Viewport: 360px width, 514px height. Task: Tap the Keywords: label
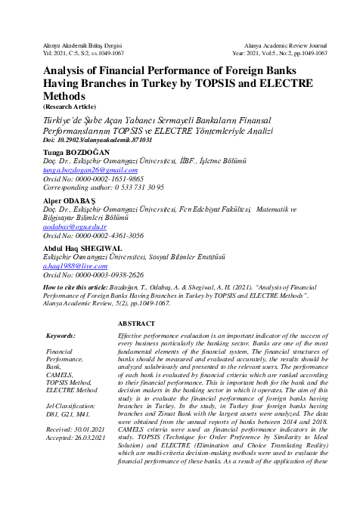[61, 334]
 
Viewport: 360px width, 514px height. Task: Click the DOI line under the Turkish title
[88, 141]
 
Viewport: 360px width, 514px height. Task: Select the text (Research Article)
[73, 107]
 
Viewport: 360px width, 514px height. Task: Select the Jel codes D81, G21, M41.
[69, 414]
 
